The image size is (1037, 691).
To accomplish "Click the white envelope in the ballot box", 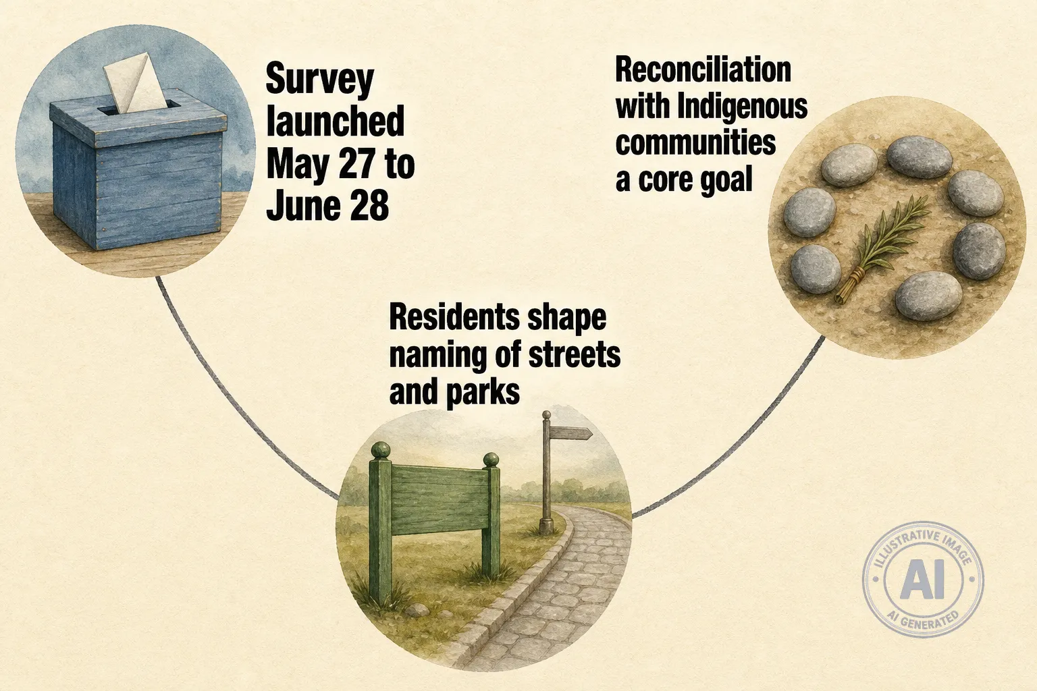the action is pos(134,84).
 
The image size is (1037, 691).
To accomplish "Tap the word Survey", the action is pos(320,80).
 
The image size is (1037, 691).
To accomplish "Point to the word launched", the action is pos(336,121).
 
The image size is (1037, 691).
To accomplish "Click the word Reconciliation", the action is pos(703,71).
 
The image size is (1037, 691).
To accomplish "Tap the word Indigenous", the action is pos(743,107).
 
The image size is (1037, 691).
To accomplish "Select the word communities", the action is pos(695,143).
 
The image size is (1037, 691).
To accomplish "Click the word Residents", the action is pos(454,318).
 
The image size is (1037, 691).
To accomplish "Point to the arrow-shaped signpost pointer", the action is pos(570,433).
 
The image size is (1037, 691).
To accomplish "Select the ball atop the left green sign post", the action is pos(381,450).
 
